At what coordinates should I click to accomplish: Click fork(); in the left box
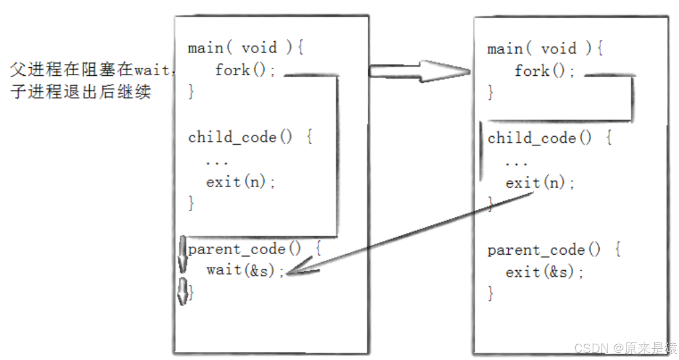[245, 70]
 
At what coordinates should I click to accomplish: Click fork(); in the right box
[544, 71]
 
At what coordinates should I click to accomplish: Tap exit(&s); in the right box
[544, 272]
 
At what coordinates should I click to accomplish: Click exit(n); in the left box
[240, 182]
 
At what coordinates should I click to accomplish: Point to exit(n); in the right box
[540, 183]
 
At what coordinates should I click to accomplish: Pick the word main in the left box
[205, 48]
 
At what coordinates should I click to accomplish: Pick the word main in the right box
[505, 49]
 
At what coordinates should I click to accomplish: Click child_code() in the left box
[240, 137]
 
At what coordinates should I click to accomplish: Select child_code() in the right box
[540, 138]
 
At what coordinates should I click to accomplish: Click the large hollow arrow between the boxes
[419, 71]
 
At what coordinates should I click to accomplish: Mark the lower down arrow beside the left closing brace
[183, 291]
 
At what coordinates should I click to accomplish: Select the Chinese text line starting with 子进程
[81, 91]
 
